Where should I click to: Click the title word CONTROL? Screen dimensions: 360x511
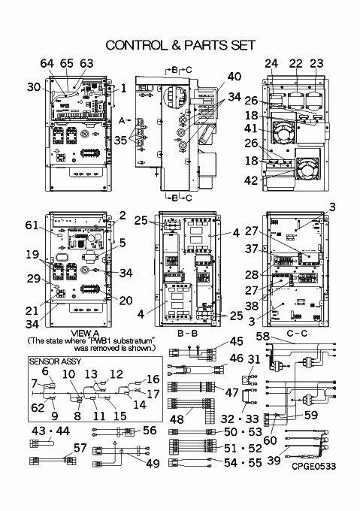[x=136, y=45]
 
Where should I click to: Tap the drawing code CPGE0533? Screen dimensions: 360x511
[x=313, y=467]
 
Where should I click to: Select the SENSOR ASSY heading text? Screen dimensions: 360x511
[x=55, y=361]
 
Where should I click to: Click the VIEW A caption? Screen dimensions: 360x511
[x=85, y=334]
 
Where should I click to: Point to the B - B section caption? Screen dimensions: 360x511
[x=187, y=334]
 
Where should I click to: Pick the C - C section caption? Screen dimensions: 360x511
[x=297, y=334]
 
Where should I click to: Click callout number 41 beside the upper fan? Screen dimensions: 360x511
[x=251, y=129]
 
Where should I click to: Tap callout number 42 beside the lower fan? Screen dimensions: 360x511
[x=251, y=180]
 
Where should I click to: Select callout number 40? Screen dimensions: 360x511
[x=234, y=77]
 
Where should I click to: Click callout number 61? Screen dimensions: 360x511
[x=32, y=225]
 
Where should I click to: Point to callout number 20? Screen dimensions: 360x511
[x=126, y=301]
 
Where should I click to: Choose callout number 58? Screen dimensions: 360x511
[x=262, y=336]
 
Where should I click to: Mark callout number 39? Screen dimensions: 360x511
[x=274, y=460]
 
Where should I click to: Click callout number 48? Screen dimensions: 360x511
[x=177, y=419]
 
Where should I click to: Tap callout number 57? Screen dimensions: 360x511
[x=80, y=448]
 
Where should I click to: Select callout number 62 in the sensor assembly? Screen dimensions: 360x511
[x=38, y=407]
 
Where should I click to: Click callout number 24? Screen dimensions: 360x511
[x=271, y=63]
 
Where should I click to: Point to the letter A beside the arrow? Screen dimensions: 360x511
[x=122, y=120]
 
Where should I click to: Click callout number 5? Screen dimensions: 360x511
[x=123, y=243]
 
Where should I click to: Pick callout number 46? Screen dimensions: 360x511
[x=237, y=358]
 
